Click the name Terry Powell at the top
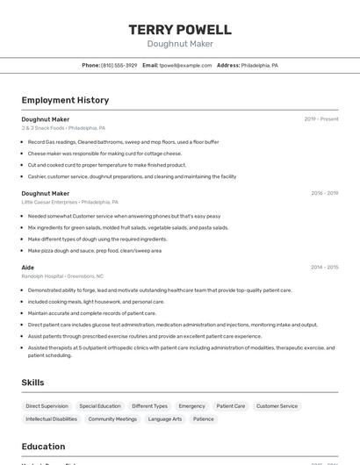180,29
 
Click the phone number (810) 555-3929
119,65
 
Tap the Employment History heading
65,100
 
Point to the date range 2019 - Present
320,119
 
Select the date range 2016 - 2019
324,193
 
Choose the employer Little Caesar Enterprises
50,202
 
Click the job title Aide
28,268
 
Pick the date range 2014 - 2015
324,268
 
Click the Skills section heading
33,383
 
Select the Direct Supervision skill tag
47,406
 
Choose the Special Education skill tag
100,406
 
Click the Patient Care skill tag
231,406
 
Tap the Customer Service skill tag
277,406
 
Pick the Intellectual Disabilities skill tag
51,419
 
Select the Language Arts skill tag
165,419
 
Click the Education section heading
44,446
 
